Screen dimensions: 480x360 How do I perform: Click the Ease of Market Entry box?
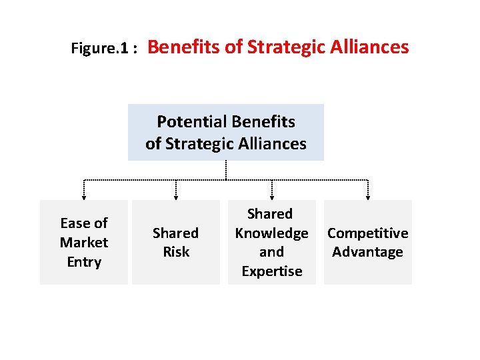[x=84, y=242]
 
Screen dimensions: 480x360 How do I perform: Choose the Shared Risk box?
[x=176, y=242]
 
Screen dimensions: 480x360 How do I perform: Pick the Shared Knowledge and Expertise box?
[x=271, y=242]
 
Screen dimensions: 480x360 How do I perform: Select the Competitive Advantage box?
[x=367, y=242]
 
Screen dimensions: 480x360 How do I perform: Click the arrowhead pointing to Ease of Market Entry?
[x=84, y=196]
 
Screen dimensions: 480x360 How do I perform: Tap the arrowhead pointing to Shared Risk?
[x=176, y=196]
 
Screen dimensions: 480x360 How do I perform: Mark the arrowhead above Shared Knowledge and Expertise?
[x=271, y=196]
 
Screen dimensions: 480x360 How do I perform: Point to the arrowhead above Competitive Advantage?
[x=367, y=196]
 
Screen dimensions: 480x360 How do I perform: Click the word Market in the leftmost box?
[x=84, y=242]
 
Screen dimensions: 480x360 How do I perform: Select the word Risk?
[x=176, y=252]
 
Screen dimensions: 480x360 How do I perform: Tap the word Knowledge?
[x=271, y=233]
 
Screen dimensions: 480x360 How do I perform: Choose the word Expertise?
[x=271, y=271]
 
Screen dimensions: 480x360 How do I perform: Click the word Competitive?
[x=367, y=233]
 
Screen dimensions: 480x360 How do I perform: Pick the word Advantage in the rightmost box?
[x=367, y=252]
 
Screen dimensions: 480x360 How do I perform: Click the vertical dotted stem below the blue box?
[x=226, y=170]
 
